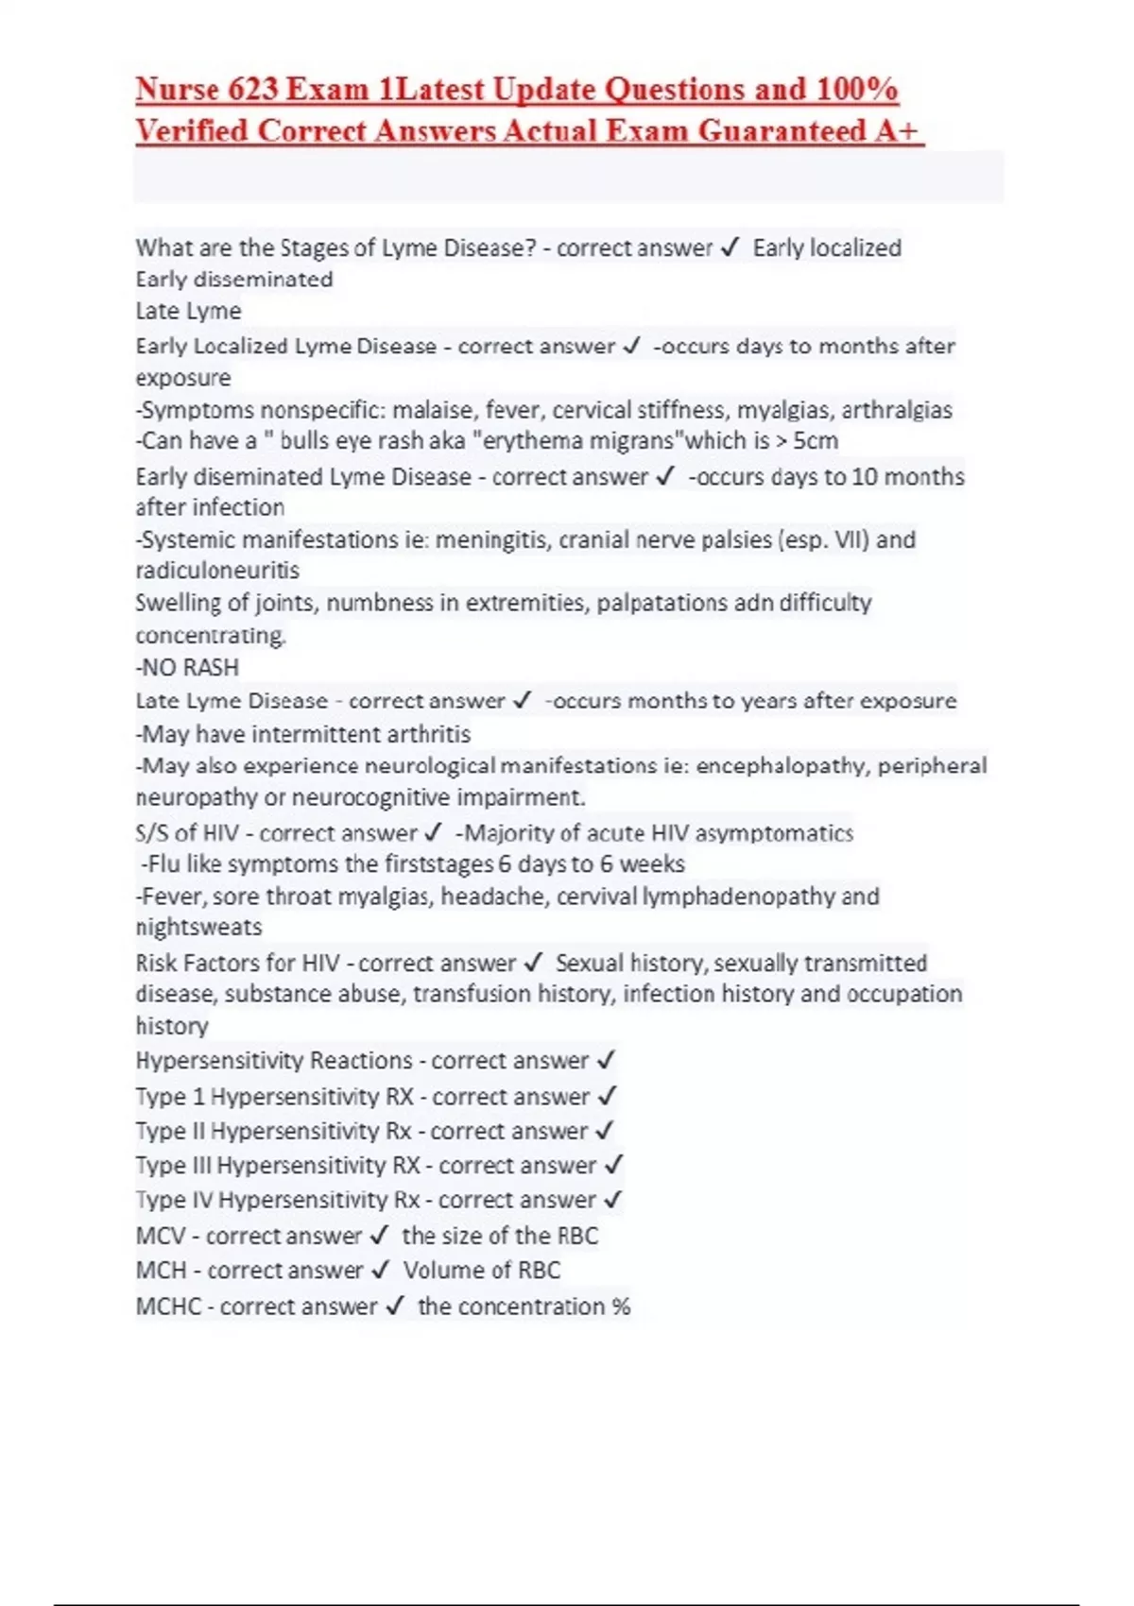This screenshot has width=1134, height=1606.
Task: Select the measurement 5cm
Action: click(816, 441)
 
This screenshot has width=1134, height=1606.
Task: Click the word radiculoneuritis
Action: click(217, 571)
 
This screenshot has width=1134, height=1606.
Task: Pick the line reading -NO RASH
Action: click(187, 667)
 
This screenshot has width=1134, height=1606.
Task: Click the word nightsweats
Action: click(198, 927)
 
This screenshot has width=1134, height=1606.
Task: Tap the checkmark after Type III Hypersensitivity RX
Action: click(614, 1165)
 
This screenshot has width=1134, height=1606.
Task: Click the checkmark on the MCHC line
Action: click(396, 1306)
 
